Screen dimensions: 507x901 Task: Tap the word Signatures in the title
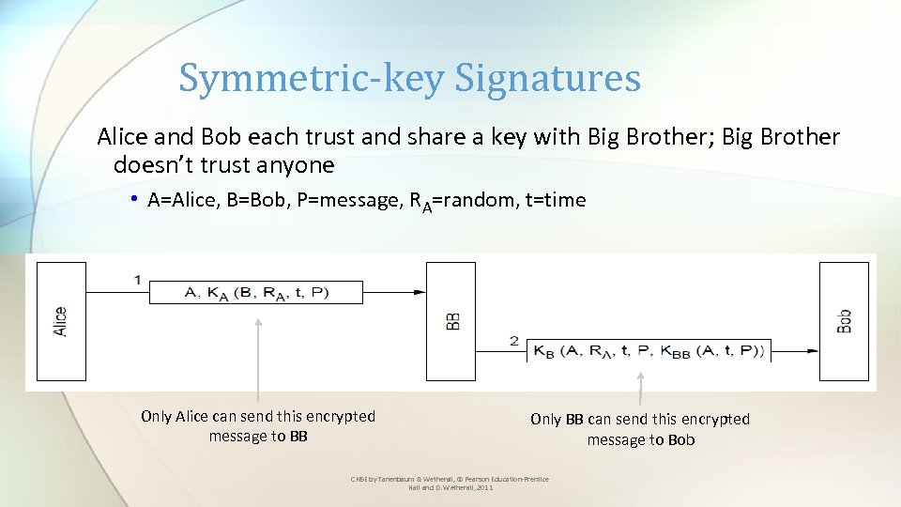(x=547, y=79)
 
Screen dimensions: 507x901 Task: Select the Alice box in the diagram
(x=61, y=321)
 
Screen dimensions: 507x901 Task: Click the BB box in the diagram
(x=451, y=321)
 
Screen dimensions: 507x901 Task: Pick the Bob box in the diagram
(x=844, y=321)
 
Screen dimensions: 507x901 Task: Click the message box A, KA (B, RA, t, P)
(x=256, y=292)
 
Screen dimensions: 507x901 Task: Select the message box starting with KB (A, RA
(x=649, y=351)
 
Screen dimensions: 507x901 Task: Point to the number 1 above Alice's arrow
(x=138, y=280)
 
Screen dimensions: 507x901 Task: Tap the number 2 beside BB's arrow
(x=514, y=340)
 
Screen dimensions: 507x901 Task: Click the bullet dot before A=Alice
(x=135, y=199)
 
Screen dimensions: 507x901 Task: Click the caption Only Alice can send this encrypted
(x=258, y=416)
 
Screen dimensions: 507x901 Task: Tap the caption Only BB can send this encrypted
(x=640, y=419)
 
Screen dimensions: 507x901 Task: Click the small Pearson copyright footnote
(x=450, y=484)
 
